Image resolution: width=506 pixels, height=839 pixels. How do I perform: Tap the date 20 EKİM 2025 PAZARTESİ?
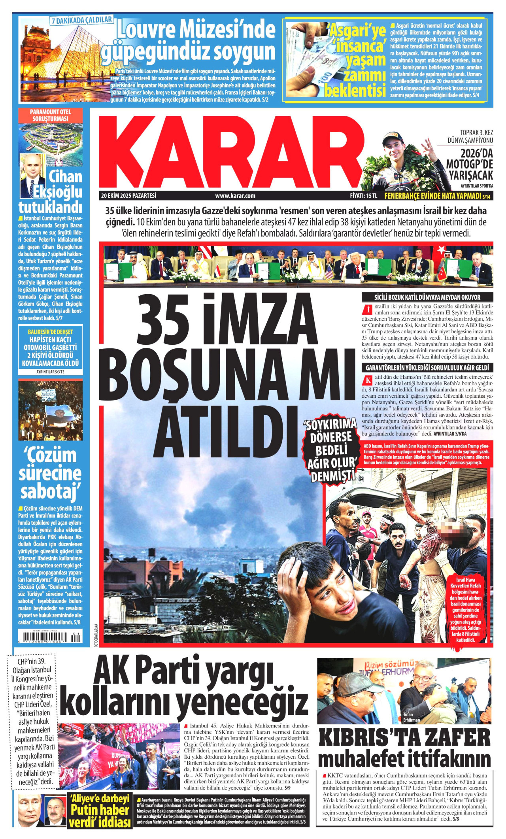[x=128, y=195]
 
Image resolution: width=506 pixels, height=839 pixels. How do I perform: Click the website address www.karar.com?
[x=235, y=195]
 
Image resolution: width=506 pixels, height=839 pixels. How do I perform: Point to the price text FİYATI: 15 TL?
[x=364, y=195]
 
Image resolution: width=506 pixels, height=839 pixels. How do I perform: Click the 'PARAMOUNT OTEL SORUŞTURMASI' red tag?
[x=51, y=115]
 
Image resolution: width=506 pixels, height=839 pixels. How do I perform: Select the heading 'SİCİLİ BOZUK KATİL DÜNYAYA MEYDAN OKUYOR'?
[x=427, y=297]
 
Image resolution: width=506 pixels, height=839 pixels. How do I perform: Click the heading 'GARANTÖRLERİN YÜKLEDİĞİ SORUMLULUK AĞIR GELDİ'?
[x=427, y=368]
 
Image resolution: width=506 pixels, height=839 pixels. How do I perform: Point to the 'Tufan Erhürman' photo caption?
[x=412, y=717]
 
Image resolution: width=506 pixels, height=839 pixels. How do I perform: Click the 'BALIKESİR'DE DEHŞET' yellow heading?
[x=51, y=331]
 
